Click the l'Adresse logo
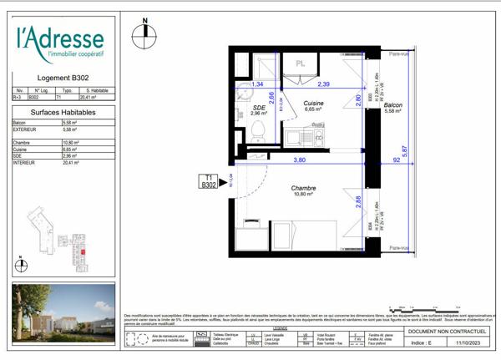click(x=59, y=43)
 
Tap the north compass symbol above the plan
click(x=144, y=32)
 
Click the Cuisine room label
click(x=314, y=104)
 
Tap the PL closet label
click(x=299, y=62)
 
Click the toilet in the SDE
click(x=258, y=129)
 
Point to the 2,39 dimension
click(x=322, y=84)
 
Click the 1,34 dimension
click(x=258, y=84)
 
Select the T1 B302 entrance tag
click(x=209, y=181)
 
